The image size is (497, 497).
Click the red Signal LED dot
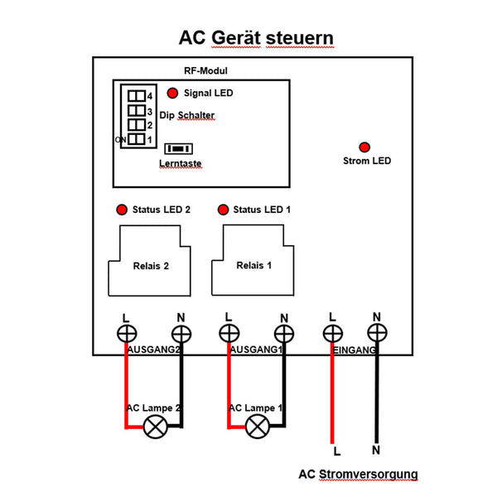pos(172,94)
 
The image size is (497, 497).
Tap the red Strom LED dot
pos(365,146)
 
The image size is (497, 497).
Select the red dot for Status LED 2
pos(122,210)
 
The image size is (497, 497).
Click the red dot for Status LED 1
pos(222,210)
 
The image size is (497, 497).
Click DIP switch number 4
pos(135,96)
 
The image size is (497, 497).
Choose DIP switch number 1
pos(135,139)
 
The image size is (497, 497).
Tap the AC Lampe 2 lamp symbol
pos(155,427)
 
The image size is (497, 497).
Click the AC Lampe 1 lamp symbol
pos(258,427)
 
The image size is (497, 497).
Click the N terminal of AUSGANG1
pos(284,333)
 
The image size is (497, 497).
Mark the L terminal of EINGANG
pos(332,333)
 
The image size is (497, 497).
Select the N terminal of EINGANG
pos(377,333)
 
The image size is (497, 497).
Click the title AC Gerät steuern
pos(257,39)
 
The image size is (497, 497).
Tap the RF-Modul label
pos(205,72)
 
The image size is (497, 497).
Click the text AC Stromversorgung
pos(358,475)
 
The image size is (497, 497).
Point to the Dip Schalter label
pos(187,116)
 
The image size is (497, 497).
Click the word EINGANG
pos(355,351)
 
